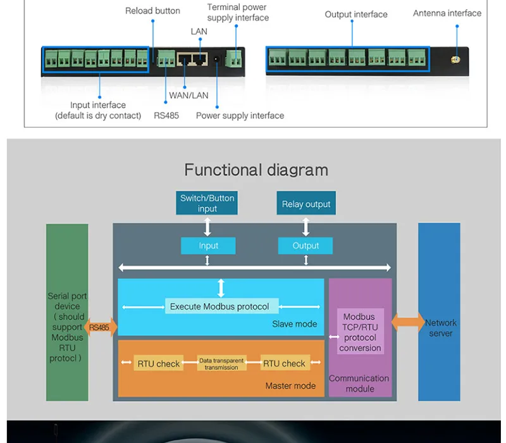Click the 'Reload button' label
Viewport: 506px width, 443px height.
pyautogui.click(x=152, y=11)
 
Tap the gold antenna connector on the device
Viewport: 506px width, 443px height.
pyautogui.click(x=455, y=59)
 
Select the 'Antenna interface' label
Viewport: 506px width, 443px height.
pyautogui.click(x=447, y=13)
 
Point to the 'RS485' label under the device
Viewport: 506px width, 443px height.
pyautogui.click(x=166, y=116)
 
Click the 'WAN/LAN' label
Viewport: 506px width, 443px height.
pyautogui.click(x=188, y=96)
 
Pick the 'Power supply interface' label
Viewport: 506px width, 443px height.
pyautogui.click(x=240, y=116)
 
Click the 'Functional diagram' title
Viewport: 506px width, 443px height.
pyautogui.click(x=256, y=170)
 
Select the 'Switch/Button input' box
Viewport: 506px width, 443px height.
pyautogui.click(x=207, y=203)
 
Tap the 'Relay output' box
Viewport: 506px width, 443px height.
pyautogui.click(x=306, y=203)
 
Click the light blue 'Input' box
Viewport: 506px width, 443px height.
pyautogui.click(x=208, y=246)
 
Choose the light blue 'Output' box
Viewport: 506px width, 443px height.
pyautogui.click(x=305, y=246)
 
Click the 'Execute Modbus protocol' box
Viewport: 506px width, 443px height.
pyautogui.click(x=222, y=306)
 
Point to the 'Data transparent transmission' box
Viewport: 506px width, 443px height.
pyautogui.click(x=221, y=363)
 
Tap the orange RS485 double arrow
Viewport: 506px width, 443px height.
pyautogui.click(x=101, y=327)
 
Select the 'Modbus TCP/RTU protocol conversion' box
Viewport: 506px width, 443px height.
pyautogui.click(x=360, y=332)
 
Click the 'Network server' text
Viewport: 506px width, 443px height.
pyautogui.click(x=440, y=328)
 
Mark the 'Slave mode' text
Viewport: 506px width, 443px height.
pyautogui.click(x=294, y=324)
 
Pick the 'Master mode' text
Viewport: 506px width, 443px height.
pyautogui.click(x=290, y=385)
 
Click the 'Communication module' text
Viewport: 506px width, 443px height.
pyautogui.click(x=359, y=384)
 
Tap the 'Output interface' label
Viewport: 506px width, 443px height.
pyautogui.click(x=356, y=14)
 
